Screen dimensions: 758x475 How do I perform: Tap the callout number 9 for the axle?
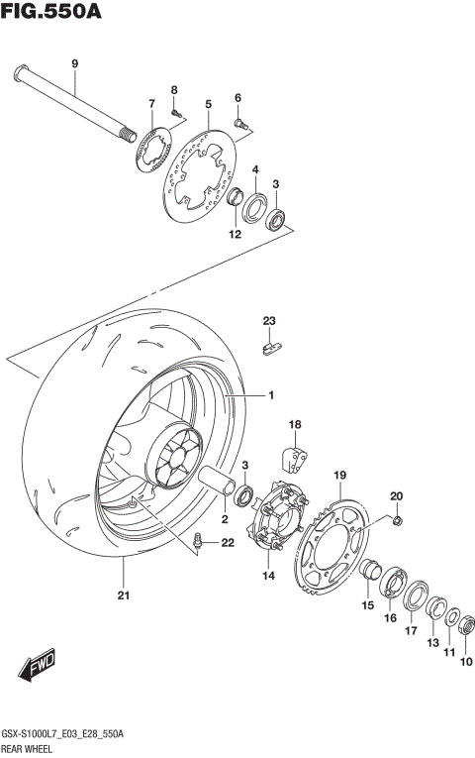point(73,64)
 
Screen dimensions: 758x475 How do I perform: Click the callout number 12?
point(235,235)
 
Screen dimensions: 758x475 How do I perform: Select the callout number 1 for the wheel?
point(270,396)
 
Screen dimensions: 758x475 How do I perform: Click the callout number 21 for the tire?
point(124,596)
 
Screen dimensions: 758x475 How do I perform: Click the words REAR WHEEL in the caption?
point(30,750)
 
